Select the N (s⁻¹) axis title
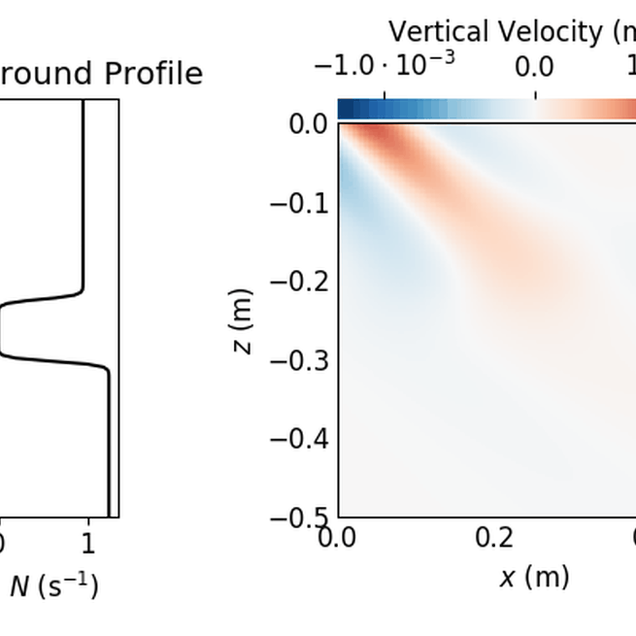click(53, 586)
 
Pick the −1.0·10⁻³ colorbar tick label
click(385, 66)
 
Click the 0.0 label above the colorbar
click(534, 66)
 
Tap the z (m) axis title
click(244, 320)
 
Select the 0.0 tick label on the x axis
click(338, 538)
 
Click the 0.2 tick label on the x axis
click(494, 538)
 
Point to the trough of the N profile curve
click(2, 330)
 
